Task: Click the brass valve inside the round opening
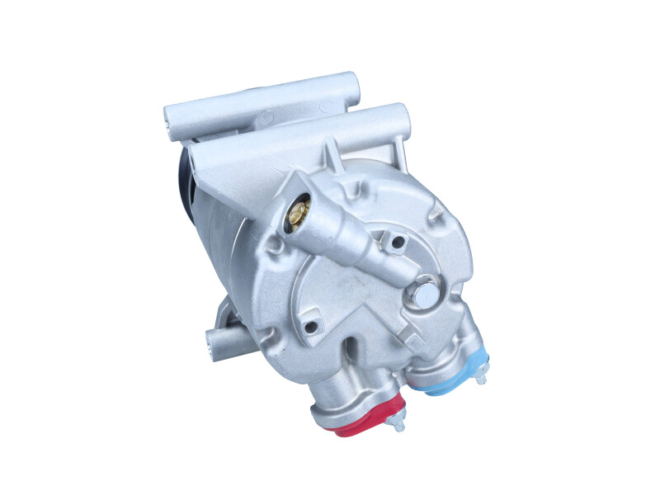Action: pos(298,216)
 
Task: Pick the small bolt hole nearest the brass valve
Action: pos(398,243)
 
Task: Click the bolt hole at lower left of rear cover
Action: pos(310,327)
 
